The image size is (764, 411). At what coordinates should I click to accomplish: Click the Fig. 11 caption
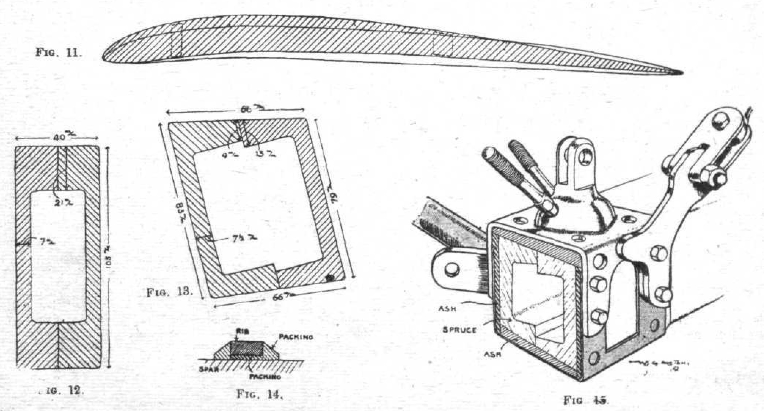point(59,52)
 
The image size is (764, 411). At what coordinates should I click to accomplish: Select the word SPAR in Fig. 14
point(208,370)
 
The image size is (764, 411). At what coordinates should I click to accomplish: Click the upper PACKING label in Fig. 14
point(296,337)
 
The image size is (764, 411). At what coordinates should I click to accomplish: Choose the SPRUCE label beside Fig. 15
point(460,330)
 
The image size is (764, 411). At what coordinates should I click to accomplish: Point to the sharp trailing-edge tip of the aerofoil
point(681,72)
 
